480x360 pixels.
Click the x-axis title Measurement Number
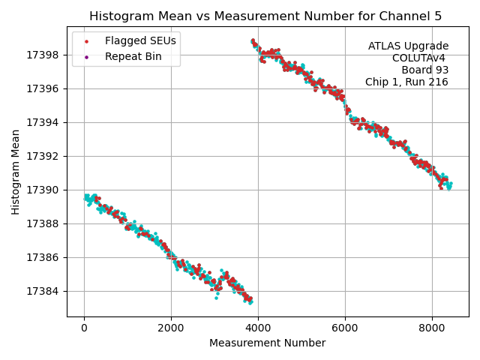[267, 343]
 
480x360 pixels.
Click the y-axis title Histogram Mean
[16, 172]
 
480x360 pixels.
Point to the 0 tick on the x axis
[84, 328]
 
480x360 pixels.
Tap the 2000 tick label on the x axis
[171, 328]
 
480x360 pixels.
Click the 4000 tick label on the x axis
[258, 328]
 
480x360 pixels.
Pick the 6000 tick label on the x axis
[345, 328]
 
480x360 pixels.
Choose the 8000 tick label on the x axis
[432, 328]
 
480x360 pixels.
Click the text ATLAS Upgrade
[408, 46]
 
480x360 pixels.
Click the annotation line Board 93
[424, 70]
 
